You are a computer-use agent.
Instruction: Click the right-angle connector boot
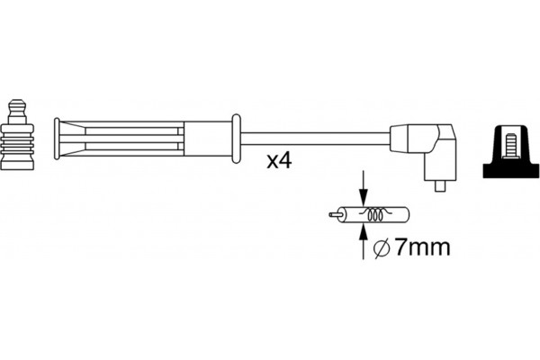pos(433,148)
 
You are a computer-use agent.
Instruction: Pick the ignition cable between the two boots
pos(315,139)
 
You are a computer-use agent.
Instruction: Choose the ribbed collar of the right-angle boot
pos(400,139)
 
